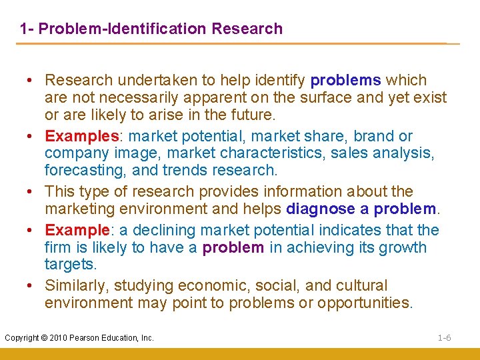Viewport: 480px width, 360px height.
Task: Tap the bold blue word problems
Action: tap(346, 81)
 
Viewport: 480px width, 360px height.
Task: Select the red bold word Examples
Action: tap(81, 136)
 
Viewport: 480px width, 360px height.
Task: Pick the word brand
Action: tap(374, 136)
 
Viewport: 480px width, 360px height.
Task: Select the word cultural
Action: tap(355, 286)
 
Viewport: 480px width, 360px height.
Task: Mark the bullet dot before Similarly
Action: tap(31, 286)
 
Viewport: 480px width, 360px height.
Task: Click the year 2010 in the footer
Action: tap(57, 338)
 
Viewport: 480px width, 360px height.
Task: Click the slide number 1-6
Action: tap(445, 338)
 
